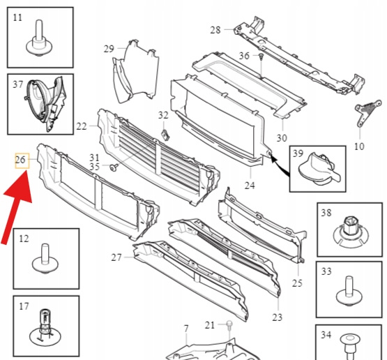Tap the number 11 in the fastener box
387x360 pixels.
tap(17, 17)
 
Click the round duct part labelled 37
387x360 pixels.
tap(45, 104)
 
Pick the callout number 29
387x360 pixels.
tap(109, 49)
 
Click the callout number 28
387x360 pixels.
tap(215, 30)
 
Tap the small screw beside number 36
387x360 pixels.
tap(261, 57)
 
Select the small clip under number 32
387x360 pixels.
tap(165, 135)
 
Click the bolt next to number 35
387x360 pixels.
tap(114, 167)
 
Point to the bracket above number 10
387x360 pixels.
tap(367, 113)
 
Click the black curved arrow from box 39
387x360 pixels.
tap(280, 165)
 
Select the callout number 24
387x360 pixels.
tap(250, 185)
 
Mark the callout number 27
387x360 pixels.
tap(116, 257)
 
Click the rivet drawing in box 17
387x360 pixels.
tap(45, 327)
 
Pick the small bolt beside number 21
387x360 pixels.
tap(229, 326)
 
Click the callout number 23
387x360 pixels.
tap(277, 317)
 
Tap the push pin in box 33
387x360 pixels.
tap(349, 292)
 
